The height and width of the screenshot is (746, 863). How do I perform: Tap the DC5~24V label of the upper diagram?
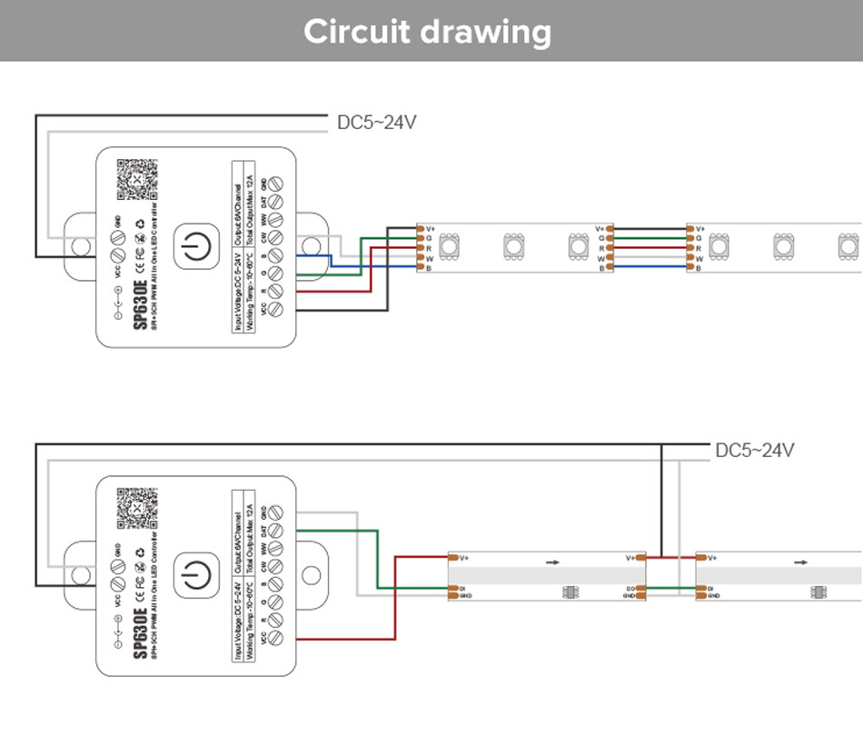pos(377,123)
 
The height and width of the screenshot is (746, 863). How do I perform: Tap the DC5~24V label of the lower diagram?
pos(755,451)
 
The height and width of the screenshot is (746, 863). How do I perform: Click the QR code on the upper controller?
pos(136,180)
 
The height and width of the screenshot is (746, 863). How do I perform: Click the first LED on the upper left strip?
pos(450,245)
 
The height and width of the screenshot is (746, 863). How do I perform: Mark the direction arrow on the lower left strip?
pos(552,562)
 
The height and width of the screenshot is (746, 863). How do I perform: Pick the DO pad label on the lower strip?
pos(629,589)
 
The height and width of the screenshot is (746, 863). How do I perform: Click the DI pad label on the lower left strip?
pos(463,589)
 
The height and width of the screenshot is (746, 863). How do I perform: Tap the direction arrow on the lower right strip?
pos(800,562)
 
